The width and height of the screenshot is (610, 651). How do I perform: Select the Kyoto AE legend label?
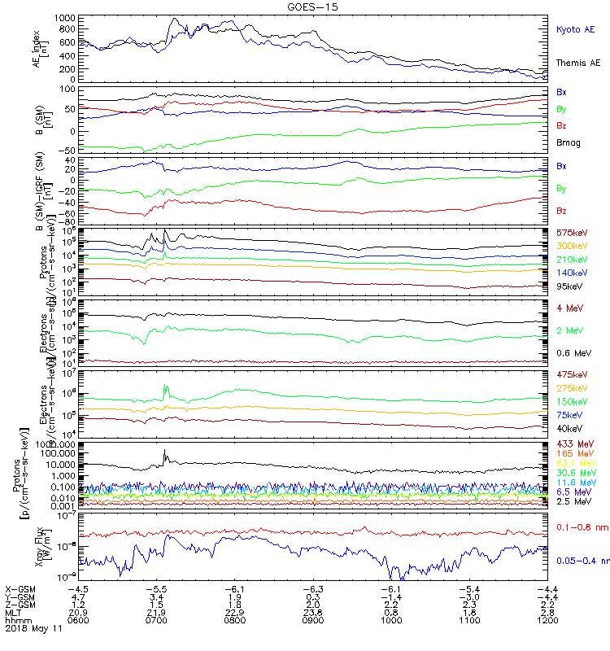[x=576, y=29]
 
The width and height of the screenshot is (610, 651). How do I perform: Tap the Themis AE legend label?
[x=578, y=63]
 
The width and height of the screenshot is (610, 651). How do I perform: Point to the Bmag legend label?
[x=569, y=142]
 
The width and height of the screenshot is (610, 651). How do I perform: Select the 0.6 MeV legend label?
[x=573, y=352]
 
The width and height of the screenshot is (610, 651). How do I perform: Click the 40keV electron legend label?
[x=569, y=428]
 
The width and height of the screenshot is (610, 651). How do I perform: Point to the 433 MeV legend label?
[x=573, y=443]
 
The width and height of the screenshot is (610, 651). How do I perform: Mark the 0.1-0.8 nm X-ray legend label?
[x=578, y=528]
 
